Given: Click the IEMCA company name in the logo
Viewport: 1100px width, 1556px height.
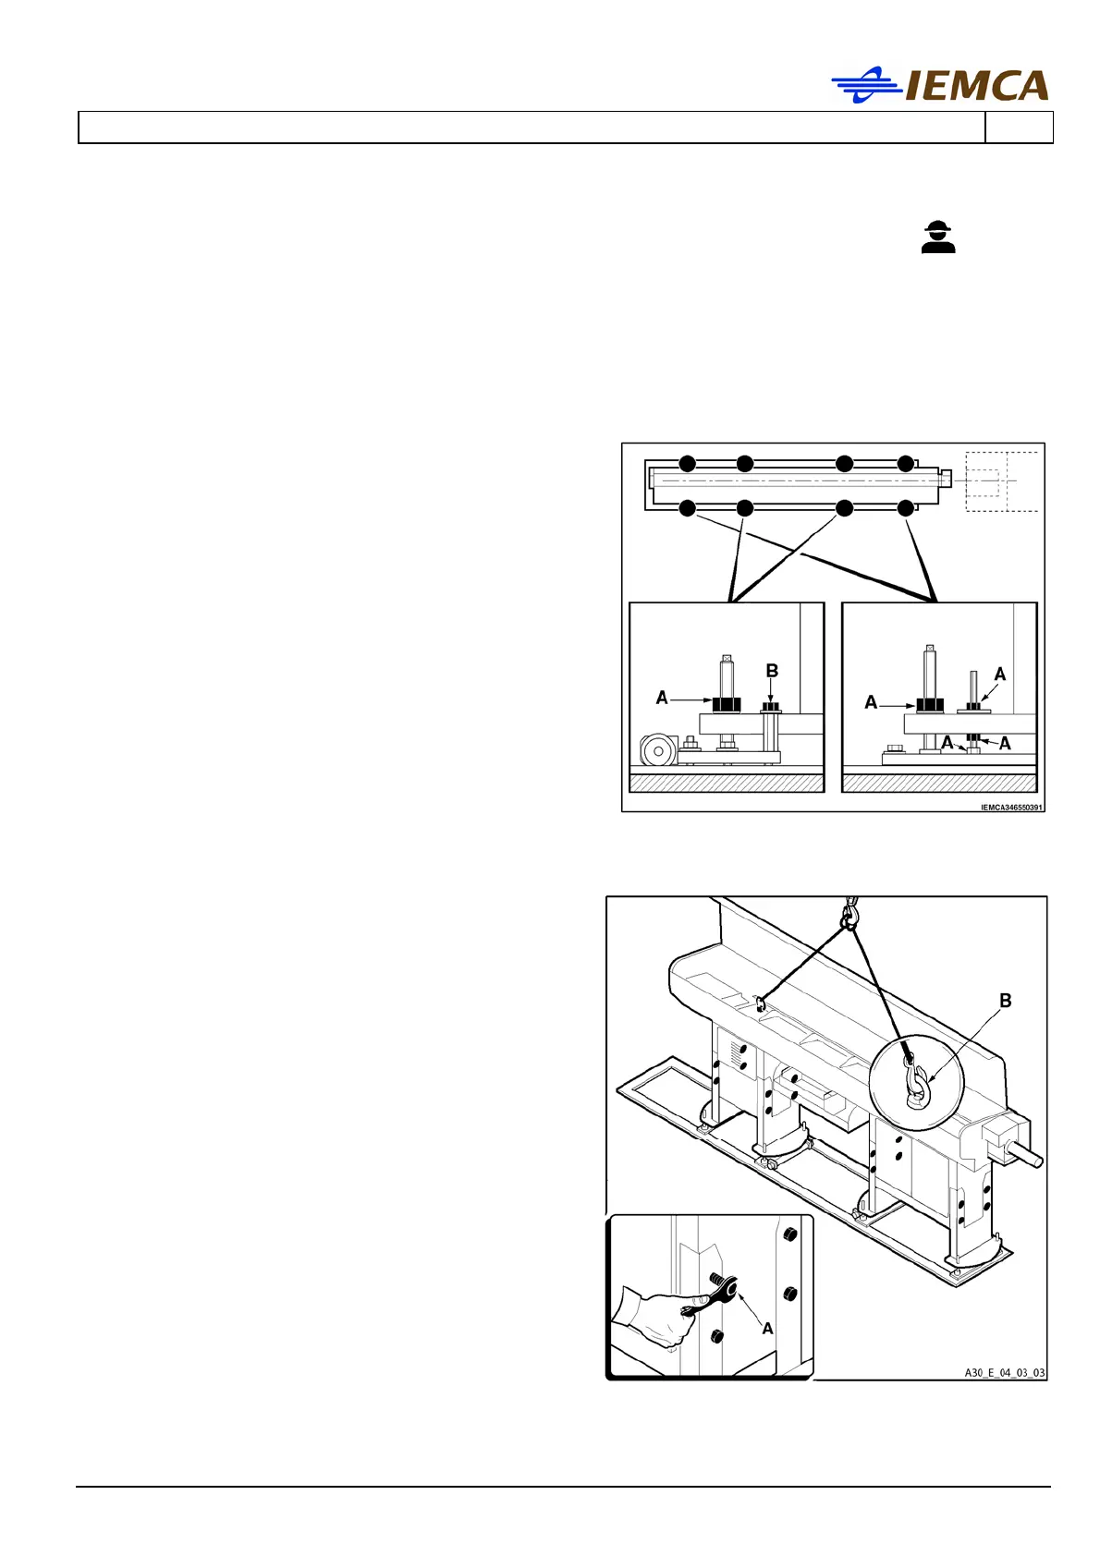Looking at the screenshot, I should coord(976,86).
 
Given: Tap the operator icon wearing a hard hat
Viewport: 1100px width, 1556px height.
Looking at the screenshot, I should coord(938,237).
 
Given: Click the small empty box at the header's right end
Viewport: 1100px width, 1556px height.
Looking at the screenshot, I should coord(1019,128).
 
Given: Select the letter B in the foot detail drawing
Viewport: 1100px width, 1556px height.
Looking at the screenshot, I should coord(772,671).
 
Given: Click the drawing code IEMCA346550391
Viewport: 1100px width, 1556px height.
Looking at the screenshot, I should coord(1011,808).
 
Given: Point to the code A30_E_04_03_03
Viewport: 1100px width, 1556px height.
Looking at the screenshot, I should coord(1005,1373).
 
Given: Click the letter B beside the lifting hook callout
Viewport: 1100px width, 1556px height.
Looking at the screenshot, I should coord(1006,1001).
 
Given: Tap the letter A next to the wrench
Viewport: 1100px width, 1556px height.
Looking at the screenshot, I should coord(767,1328).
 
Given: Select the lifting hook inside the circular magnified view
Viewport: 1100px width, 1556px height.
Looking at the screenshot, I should coord(916,1083).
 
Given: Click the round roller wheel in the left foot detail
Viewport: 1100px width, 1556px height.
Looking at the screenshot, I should coord(657,751).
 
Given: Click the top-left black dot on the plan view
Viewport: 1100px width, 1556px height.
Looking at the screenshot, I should coord(687,464).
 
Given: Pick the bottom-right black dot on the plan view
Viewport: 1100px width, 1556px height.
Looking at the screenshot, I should coord(906,508).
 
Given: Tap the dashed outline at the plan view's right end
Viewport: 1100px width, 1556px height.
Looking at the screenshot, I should coord(1001,481).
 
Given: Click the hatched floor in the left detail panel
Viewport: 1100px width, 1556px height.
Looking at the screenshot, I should coord(726,784).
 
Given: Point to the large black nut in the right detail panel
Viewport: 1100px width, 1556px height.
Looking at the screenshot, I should coord(929,705).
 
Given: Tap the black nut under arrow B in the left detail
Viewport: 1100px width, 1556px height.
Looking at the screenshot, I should coord(771,708).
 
